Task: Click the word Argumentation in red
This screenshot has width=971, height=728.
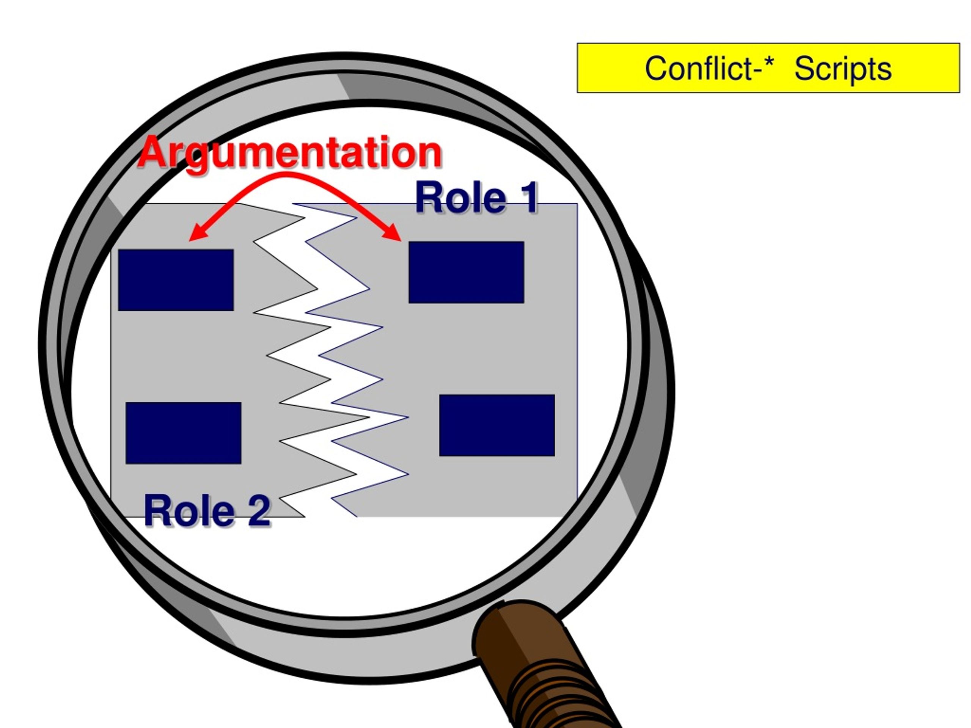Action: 290,152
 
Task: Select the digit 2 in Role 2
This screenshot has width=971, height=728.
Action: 259,510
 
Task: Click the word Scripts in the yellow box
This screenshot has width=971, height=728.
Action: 843,69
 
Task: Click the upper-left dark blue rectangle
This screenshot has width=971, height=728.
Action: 176,280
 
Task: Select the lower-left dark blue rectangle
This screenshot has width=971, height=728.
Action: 183,433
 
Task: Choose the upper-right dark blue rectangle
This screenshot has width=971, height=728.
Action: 466,272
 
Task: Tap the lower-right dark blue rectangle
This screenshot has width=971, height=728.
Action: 497,425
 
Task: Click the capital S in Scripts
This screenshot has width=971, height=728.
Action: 804,69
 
